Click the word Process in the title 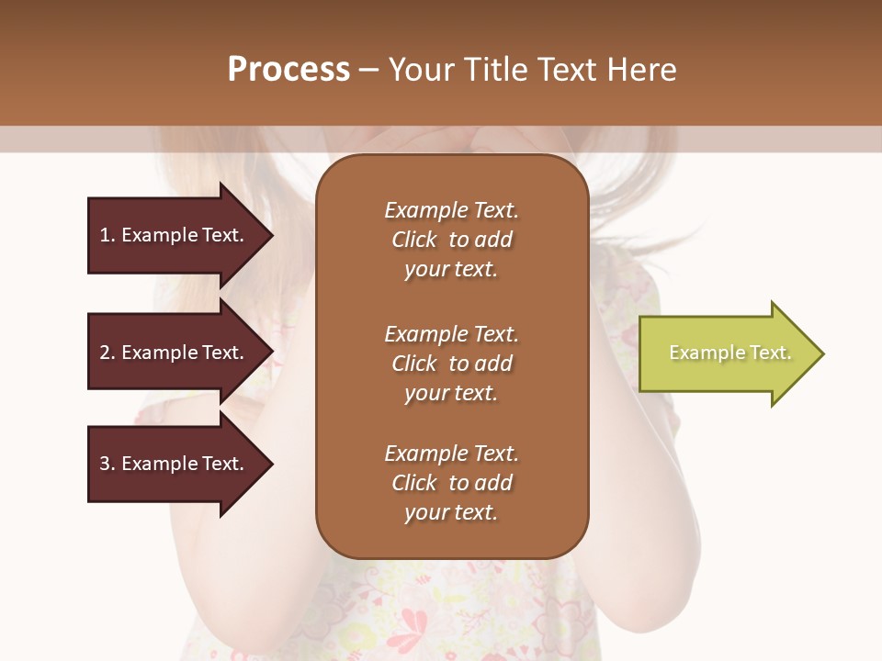pyautogui.click(x=288, y=70)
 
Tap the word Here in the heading pyautogui.click(x=640, y=70)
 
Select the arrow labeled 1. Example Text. pyautogui.click(x=175, y=235)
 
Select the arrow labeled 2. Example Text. pyautogui.click(x=175, y=353)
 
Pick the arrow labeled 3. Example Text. pyautogui.click(x=175, y=464)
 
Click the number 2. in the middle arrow pyautogui.click(x=107, y=353)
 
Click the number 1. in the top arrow pyautogui.click(x=107, y=235)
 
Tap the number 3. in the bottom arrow pyautogui.click(x=107, y=464)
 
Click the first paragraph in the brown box pyautogui.click(x=451, y=240)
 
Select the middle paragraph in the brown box pyautogui.click(x=451, y=364)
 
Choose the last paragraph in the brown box pyautogui.click(x=451, y=483)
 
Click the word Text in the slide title pyautogui.click(x=566, y=70)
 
